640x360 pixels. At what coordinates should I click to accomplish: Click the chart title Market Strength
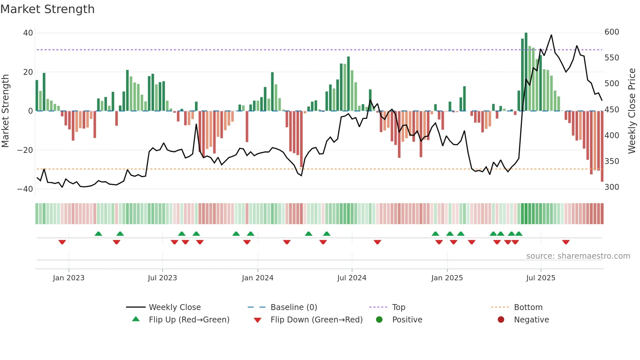click(x=47, y=9)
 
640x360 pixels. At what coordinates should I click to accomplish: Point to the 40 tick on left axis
click(x=28, y=33)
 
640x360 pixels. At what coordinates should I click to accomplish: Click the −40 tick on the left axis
click(x=25, y=189)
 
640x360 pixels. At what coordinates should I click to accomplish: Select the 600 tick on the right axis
click(x=612, y=32)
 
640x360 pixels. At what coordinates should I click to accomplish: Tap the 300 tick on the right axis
click(x=612, y=187)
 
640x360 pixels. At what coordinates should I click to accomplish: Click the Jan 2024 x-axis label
click(x=258, y=278)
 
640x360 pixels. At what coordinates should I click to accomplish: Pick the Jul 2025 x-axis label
click(x=541, y=278)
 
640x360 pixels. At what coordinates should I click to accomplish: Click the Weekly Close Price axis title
click(x=632, y=111)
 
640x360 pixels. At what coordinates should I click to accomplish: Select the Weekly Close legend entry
click(x=175, y=307)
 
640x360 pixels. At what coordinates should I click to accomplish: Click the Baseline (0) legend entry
click(x=294, y=307)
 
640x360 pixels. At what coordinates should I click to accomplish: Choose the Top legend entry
click(x=398, y=307)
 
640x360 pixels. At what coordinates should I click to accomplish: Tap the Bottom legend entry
click(x=528, y=307)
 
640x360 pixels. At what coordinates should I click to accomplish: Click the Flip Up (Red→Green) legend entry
click(x=189, y=320)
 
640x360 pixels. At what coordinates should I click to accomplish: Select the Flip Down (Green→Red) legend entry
click(x=316, y=320)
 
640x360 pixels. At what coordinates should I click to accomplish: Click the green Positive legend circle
click(x=379, y=319)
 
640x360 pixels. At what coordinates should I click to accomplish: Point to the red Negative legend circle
click(x=501, y=319)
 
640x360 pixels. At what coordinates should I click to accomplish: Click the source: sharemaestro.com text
click(x=578, y=256)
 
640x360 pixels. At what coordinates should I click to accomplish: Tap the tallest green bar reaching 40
click(x=526, y=72)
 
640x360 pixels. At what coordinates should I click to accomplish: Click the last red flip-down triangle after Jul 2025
click(x=566, y=242)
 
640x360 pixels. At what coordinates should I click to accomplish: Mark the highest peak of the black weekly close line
click(x=552, y=35)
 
